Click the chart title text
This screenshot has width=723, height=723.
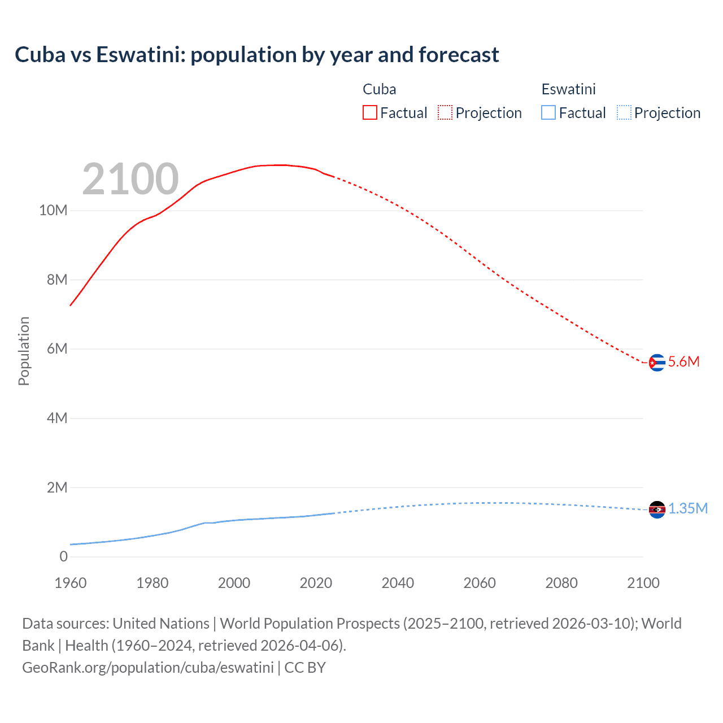(257, 55)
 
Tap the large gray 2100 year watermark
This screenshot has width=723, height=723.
(130, 179)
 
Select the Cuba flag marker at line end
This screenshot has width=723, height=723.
(657, 363)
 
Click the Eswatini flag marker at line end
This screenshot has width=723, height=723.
(657, 509)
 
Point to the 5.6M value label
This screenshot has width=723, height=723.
(683, 362)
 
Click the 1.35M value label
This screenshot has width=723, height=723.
(688, 509)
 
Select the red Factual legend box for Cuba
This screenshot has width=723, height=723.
(370, 113)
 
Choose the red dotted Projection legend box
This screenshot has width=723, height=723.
(445, 113)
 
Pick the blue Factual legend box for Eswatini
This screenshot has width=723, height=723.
(548, 113)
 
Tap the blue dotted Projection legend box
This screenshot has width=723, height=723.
(624, 113)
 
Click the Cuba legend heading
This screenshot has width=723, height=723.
(379, 89)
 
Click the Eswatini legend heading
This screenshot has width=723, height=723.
(568, 89)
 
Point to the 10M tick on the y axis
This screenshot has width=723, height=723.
(53, 211)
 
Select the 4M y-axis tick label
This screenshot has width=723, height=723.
(57, 418)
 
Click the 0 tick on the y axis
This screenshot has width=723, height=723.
(63, 556)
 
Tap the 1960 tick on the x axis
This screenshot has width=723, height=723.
(71, 583)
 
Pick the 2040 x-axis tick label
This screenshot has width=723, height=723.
(398, 583)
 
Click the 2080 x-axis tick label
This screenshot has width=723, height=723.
(561, 583)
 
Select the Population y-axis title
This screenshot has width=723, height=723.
(24, 351)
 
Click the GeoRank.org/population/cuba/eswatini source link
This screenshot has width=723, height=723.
(148, 668)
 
